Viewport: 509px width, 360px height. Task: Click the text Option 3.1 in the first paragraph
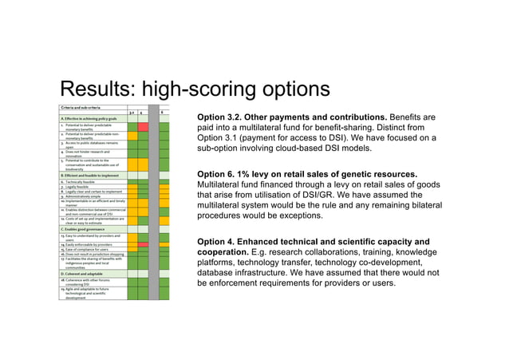[x=223, y=138]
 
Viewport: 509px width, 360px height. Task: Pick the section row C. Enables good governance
[x=84, y=229]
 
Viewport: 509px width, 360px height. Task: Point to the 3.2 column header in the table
[x=132, y=113]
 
